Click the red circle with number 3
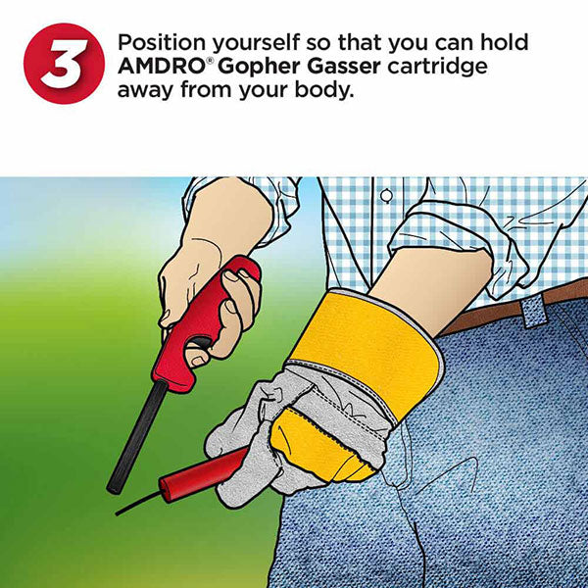64,64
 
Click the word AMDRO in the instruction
162,67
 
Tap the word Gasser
344,67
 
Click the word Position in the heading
162,42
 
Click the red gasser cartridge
203,473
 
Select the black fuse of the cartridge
138,504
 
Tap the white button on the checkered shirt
387,195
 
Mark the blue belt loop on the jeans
534,311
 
